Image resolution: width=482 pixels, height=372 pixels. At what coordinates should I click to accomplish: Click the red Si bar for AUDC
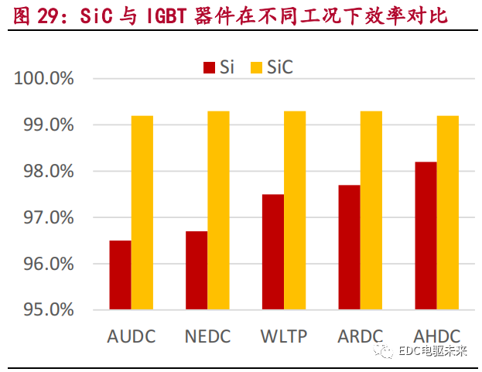click(120, 275)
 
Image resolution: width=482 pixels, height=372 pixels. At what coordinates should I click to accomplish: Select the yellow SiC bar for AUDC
click(142, 213)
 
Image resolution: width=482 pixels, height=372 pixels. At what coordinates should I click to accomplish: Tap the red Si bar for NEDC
click(197, 271)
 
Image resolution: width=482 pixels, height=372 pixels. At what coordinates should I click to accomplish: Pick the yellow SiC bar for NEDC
click(218, 210)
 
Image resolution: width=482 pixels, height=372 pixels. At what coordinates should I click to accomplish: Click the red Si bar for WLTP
click(272, 252)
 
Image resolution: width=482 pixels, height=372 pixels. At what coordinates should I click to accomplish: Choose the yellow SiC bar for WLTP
click(295, 210)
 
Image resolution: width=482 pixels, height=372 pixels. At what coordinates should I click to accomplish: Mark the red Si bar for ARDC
click(349, 247)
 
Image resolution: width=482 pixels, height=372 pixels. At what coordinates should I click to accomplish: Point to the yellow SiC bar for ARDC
click(371, 210)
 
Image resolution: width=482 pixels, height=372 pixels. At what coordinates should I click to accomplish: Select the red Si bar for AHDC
click(426, 236)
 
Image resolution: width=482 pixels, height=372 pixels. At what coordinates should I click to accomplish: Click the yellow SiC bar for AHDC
click(447, 213)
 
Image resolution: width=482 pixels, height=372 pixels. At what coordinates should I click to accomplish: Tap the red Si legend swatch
click(209, 68)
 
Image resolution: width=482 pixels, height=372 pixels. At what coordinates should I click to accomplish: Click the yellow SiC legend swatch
click(257, 68)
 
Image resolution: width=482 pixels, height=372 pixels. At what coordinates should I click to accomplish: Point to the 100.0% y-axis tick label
click(44, 78)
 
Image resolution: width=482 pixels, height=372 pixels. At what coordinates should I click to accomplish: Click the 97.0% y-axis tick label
click(44, 217)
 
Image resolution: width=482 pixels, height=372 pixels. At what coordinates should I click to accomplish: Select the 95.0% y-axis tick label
click(44, 310)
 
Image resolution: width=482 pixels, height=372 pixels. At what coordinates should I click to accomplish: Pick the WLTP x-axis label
click(283, 337)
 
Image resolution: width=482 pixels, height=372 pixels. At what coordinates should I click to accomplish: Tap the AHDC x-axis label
click(436, 337)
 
